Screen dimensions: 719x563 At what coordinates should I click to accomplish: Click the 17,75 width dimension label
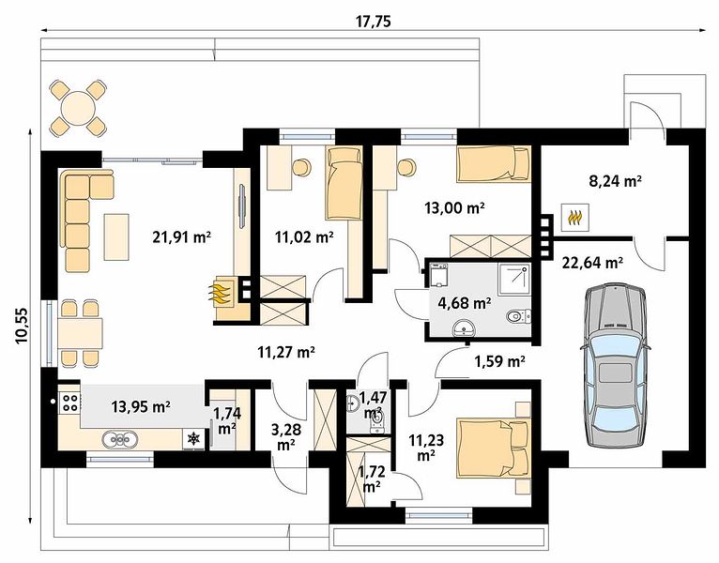pos(374,22)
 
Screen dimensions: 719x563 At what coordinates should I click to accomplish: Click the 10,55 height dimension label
pos(21,325)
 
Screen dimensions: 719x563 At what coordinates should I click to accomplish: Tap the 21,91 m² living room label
pos(181,237)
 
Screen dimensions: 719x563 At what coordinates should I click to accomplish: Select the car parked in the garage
pos(616,365)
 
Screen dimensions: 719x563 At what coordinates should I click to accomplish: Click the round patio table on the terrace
pos(78,108)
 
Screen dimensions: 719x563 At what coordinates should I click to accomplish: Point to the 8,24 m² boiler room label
pos(615,181)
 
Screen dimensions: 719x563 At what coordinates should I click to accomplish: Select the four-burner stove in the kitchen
pos(69,402)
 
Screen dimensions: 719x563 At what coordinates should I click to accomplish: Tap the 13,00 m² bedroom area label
pos(454,208)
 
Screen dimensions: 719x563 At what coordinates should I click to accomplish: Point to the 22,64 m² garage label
pos(592,263)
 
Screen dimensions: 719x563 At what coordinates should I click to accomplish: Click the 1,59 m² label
pos(499,362)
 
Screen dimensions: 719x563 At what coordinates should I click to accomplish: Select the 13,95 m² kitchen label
pos(141,406)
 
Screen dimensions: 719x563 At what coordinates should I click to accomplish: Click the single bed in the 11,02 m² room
pos(344,182)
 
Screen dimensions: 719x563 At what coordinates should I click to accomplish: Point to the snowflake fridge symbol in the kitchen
pos(194,438)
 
